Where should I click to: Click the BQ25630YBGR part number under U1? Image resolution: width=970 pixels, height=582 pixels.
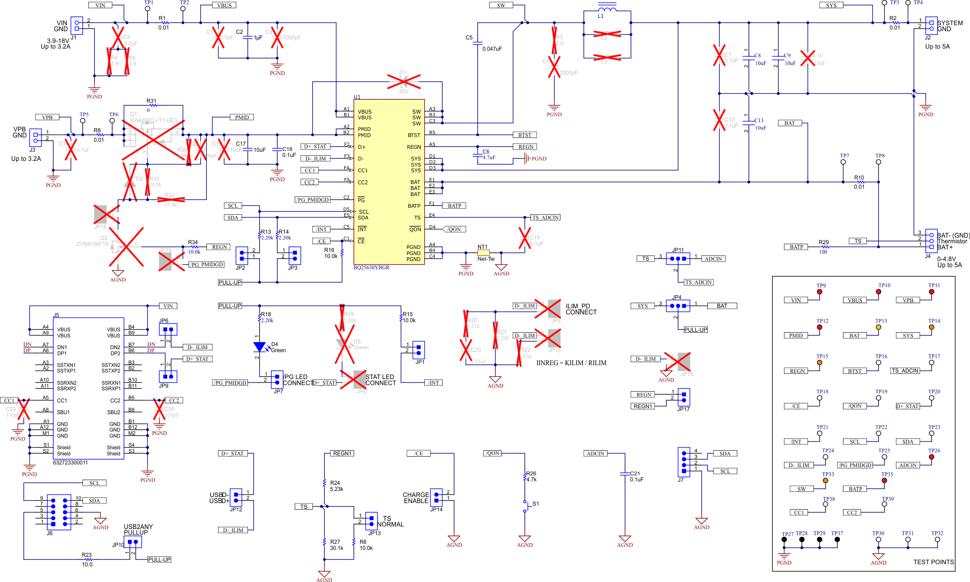click(371, 268)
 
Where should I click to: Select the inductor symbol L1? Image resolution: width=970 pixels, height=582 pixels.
click(607, 9)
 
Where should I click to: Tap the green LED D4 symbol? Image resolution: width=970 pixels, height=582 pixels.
click(260, 347)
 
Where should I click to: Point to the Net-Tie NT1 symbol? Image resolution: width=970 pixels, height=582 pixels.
click(483, 252)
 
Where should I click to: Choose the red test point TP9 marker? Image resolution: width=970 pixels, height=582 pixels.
click(819, 292)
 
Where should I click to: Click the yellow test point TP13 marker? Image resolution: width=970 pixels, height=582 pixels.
click(879, 327)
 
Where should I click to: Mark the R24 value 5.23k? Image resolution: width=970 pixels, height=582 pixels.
click(336, 489)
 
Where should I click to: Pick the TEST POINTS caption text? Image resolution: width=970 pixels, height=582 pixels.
click(934, 562)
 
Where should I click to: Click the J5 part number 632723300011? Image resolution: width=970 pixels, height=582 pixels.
click(70, 463)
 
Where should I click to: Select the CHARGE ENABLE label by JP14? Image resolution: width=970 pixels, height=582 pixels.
click(416, 498)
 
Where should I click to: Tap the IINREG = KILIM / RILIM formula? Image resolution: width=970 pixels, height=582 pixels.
click(571, 363)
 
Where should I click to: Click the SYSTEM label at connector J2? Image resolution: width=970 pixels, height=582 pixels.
click(950, 23)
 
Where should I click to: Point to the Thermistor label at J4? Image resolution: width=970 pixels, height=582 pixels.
click(952, 242)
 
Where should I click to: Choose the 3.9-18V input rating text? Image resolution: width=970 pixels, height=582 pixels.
click(58, 41)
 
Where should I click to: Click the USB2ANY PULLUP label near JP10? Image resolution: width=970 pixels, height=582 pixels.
click(138, 530)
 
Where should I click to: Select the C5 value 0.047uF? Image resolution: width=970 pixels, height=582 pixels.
click(492, 49)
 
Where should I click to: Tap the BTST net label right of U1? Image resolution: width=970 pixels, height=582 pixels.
click(524, 135)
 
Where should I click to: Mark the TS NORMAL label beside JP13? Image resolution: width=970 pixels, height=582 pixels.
click(390, 521)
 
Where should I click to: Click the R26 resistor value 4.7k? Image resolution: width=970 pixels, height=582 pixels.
click(531, 480)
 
